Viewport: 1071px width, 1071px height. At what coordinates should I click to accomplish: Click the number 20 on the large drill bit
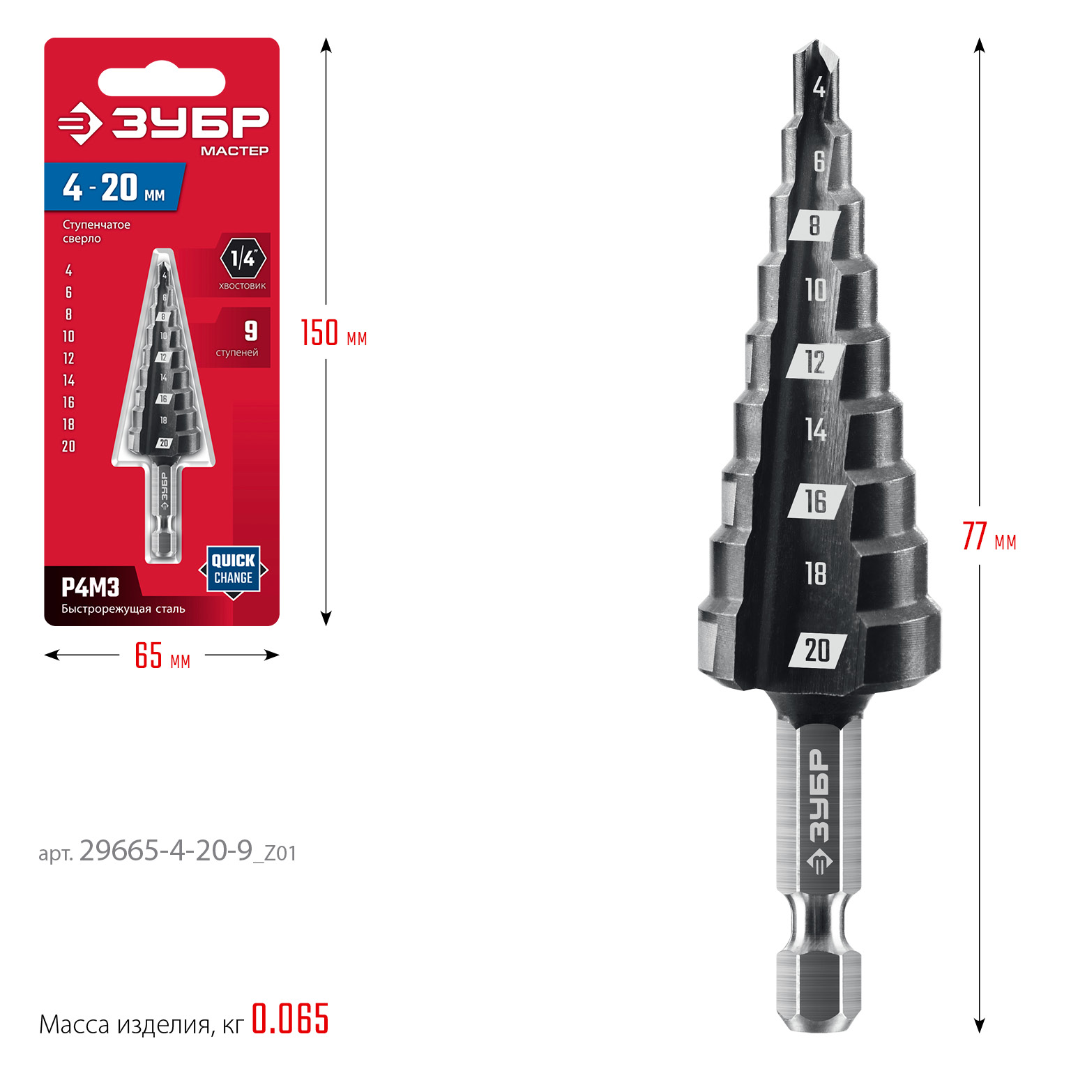point(817,651)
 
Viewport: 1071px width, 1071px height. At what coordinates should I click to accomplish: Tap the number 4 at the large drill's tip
point(819,87)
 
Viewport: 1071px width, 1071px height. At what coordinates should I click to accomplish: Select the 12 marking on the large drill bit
point(815,362)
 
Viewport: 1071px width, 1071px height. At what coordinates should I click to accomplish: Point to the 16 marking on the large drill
point(816,501)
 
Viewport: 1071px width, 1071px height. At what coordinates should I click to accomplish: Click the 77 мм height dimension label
point(989,536)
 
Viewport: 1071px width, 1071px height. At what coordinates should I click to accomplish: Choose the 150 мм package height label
point(333,333)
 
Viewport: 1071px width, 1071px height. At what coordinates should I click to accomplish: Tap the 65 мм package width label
point(162,655)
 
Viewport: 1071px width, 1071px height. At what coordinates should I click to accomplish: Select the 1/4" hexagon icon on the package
point(243,259)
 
